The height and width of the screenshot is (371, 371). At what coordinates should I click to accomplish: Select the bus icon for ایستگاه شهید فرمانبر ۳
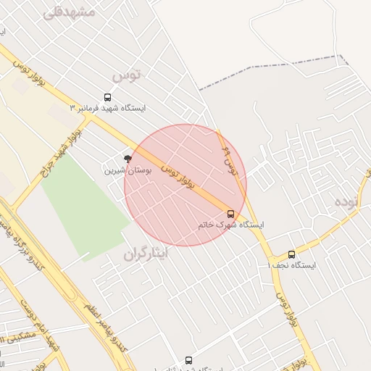108,97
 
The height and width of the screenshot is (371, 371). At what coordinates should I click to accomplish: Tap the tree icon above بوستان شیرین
128,159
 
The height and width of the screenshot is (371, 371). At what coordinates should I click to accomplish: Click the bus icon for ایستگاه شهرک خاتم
231,214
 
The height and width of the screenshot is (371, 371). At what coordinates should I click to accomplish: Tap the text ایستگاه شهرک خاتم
230,225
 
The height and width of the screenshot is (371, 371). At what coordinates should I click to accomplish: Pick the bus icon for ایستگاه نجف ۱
291,254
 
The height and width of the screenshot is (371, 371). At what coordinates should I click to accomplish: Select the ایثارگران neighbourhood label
144,254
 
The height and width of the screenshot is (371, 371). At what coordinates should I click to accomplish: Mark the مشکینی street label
18,338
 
